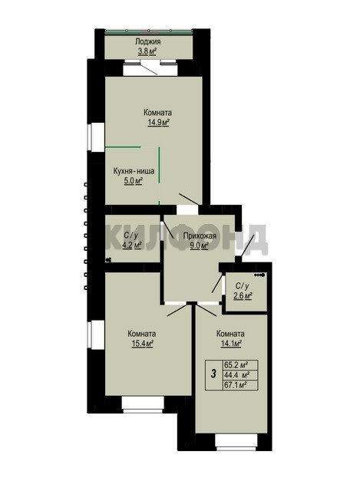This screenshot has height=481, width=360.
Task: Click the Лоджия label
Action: point(148,41)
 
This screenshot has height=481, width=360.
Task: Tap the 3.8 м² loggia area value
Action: point(147,51)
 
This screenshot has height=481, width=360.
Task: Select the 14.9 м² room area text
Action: point(158,123)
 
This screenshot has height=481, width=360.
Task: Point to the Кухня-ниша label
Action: point(134,171)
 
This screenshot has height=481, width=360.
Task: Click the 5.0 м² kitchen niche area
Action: point(134,181)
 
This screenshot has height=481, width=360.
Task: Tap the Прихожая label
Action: point(200,236)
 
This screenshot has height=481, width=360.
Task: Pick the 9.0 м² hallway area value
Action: point(199,245)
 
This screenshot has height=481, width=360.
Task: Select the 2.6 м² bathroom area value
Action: point(243,296)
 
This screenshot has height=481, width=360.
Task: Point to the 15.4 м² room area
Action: point(143,344)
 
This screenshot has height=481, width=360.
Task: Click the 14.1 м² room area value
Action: point(231,344)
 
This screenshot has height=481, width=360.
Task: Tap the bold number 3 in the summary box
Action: point(213,374)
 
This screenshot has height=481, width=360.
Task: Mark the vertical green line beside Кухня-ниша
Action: point(160,165)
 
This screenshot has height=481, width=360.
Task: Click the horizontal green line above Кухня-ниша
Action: point(123,147)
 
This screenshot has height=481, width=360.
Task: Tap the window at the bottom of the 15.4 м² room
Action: point(143,404)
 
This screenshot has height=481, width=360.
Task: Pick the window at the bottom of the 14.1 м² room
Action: point(236,442)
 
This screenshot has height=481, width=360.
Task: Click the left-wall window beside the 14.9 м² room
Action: point(96,137)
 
